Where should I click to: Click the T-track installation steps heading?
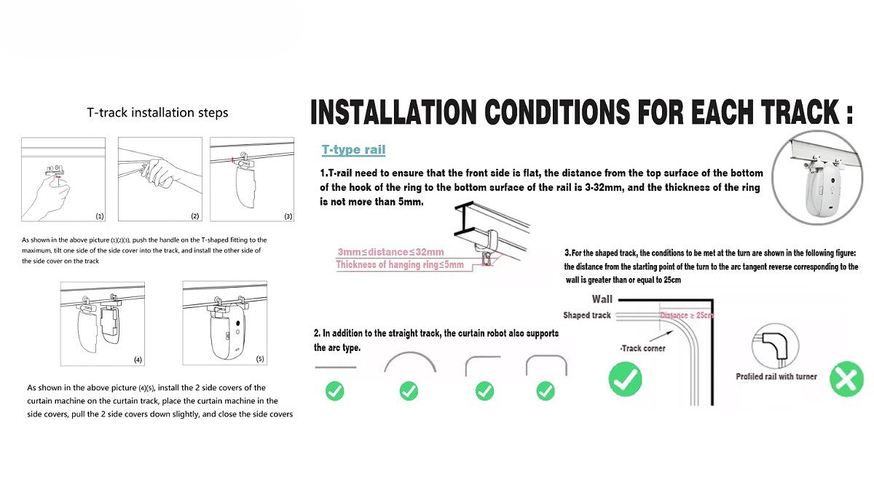tap(157, 113)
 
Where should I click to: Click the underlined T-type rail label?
tap(353, 150)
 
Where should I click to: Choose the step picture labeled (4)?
tap(102, 323)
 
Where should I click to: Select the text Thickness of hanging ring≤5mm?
tap(400, 265)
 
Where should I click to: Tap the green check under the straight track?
tap(335, 391)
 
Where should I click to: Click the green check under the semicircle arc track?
tap(409, 391)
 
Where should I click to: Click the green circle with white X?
tap(846, 380)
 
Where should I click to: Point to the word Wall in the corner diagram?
tap(602, 299)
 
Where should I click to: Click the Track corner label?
tap(642, 348)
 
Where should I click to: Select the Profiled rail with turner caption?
tap(776, 376)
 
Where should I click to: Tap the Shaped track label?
tap(586, 315)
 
